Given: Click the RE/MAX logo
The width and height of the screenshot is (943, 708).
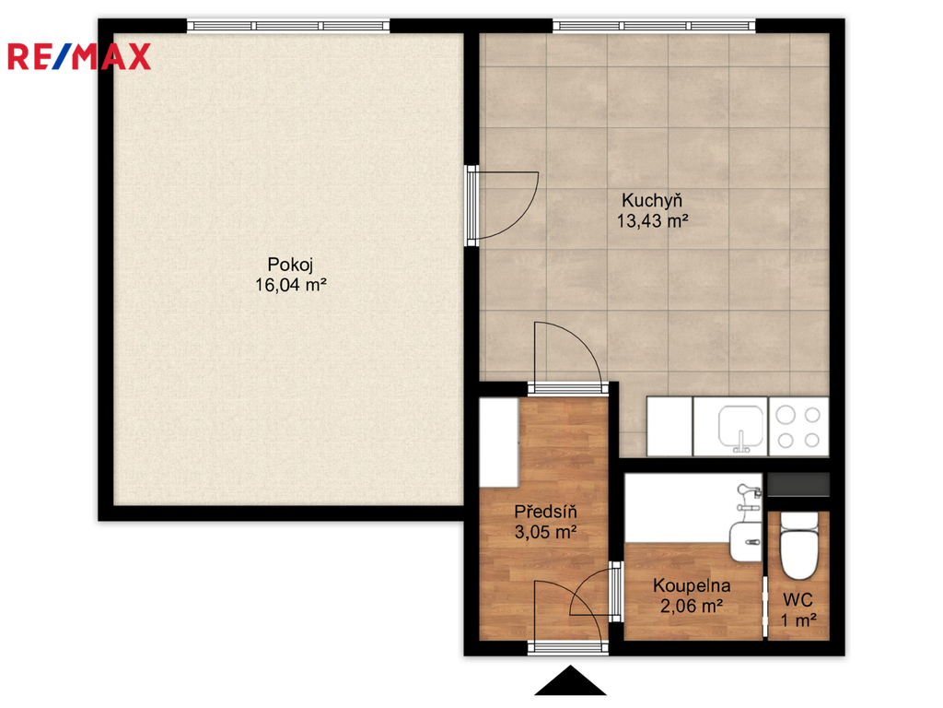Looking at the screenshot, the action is pyautogui.click(x=79, y=57).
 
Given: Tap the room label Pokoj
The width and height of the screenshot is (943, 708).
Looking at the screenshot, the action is pyautogui.click(x=290, y=265).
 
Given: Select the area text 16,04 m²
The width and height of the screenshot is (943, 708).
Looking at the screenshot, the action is pyautogui.click(x=290, y=284).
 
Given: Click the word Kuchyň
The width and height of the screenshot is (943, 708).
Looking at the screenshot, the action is pyautogui.click(x=652, y=199).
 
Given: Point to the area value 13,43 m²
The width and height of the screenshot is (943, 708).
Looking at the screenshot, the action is pyautogui.click(x=653, y=220).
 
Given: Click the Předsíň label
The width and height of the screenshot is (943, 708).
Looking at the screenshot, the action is pyautogui.click(x=545, y=511).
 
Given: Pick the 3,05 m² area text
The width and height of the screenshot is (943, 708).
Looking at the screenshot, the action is pyautogui.click(x=545, y=532).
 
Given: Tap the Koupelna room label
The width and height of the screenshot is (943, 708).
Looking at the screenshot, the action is pyautogui.click(x=692, y=585).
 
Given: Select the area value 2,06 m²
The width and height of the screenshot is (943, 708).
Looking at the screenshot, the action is pyautogui.click(x=692, y=606).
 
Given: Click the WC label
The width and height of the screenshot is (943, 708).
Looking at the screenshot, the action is pyautogui.click(x=798, y=599).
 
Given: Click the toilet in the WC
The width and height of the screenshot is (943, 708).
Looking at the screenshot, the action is pyautogui.click(x=798, y=546).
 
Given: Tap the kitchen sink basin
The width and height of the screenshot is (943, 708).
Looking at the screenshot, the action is pyautogui.click(x=741, y=426).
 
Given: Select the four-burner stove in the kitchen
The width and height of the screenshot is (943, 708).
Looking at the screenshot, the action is pyautogui.click(x=798, y=426).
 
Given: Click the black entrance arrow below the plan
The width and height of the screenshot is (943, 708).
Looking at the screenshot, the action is pyautogui.click(x=570, y=681).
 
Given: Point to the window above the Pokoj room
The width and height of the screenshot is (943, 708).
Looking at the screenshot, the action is pyautogui.click(x=288, y=26).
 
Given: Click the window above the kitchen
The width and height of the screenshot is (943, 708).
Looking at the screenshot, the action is pyautogui.click(x=654, y=26).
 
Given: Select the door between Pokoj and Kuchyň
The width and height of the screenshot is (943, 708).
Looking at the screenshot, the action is pyautogui.click(x=502, y=206).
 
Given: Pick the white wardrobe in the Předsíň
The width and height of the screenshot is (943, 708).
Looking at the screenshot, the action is pyautogui.click(x=499, y=442).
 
